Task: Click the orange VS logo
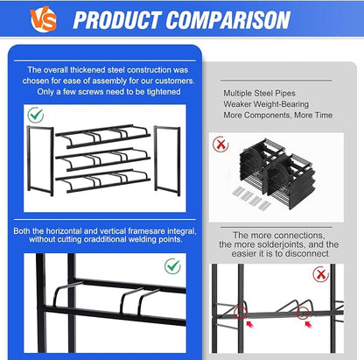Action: click(43, 19)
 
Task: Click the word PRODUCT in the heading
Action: click(117, 20)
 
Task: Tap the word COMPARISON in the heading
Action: click(228, 20)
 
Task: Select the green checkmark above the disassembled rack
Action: click(36, 115)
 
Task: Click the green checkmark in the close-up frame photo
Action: click(172, 266)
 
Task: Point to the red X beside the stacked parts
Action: click(220, 144)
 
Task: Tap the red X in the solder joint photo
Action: click(320, 274)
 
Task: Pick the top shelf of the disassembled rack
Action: click(102, 137)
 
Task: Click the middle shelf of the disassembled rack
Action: click(102, 159)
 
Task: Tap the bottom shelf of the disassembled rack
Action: click(102, 181)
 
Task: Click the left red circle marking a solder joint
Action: click(240, 313)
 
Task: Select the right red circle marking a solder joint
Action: click(303, 314)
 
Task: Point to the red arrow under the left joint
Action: click(249, 324)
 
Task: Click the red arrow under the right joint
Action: click(308, 324)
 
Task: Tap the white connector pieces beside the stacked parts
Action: click(252, 198)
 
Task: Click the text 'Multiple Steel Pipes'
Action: click(259, 94)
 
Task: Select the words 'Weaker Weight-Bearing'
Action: click(266, 104)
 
